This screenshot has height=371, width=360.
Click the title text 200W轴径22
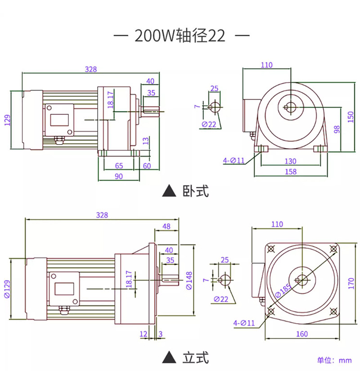click(180, 36)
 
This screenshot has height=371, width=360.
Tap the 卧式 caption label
click(196, 191)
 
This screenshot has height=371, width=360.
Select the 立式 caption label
click(196, 357)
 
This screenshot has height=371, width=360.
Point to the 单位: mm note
click(334, 360)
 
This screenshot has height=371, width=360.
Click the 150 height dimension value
click(351, 117)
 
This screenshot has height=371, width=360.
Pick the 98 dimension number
click(337, 129)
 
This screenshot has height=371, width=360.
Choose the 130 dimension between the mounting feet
click(290, 161)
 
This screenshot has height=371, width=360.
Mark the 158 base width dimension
click(291, 172)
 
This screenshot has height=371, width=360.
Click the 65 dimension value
click(119, 166)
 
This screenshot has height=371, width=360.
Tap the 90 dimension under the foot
click(119, 176)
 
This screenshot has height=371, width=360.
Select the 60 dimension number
click(147, 166)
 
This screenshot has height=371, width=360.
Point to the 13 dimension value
click(146, 141)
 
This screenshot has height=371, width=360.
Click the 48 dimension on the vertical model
click(166, 226)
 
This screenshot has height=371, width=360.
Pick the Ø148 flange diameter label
click(189, 281)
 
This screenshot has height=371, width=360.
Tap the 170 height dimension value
click(351, 283)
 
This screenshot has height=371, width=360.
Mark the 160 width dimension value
click(302, 334)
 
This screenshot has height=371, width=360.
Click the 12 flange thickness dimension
click(144, 334)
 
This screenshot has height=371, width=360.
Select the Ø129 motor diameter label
click(7, 289)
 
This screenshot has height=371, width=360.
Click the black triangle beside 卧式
click(169, 191)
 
